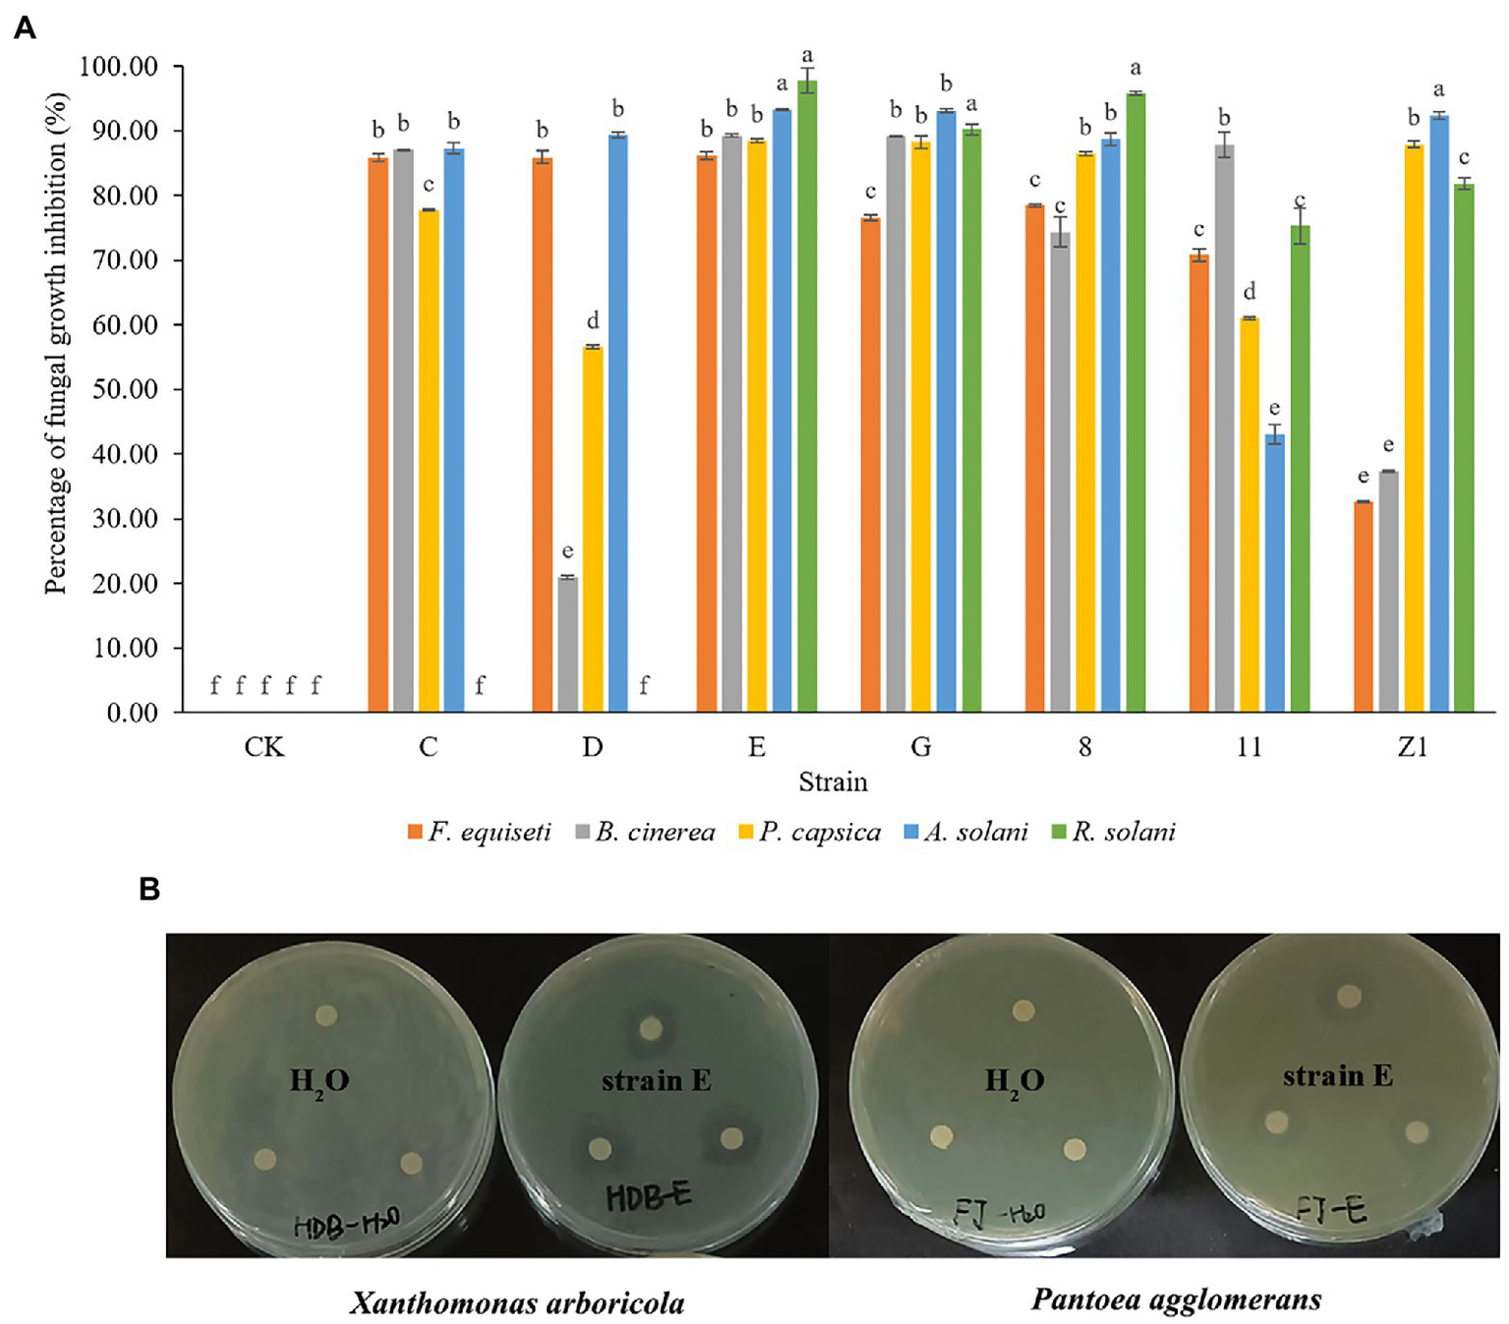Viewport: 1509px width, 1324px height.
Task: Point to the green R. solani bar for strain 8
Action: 1135,402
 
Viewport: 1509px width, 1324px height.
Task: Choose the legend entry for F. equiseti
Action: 479,833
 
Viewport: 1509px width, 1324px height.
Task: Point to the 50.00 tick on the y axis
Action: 125,389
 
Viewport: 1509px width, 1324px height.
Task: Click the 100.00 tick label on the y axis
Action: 118,67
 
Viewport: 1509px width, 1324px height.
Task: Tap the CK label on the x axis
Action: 264,747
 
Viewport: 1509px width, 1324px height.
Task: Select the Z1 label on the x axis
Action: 1413,747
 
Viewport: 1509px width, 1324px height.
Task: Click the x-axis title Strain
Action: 833,782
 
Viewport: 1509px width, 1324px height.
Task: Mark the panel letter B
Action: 149,890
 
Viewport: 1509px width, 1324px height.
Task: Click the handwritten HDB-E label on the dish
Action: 648,1196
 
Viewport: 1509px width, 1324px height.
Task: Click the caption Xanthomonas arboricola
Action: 517,1303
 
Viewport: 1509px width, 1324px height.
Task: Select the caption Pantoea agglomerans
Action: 1176,1300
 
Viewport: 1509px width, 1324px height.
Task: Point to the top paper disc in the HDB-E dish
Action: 650,1029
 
